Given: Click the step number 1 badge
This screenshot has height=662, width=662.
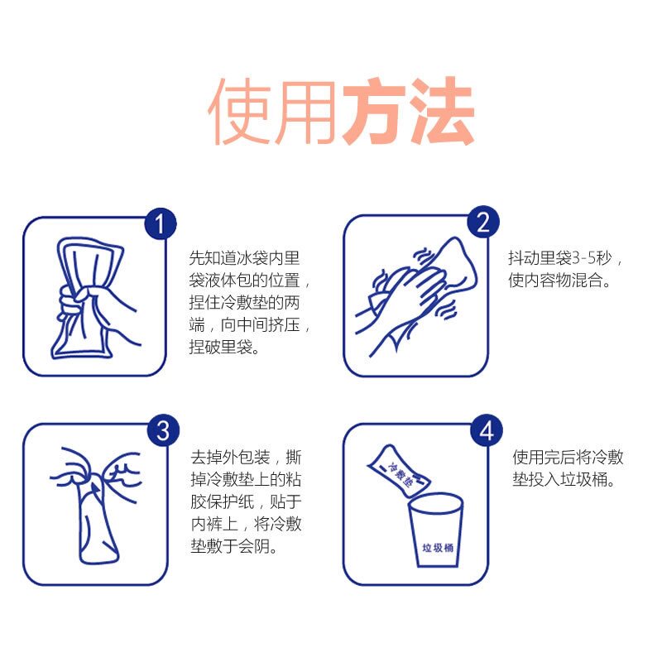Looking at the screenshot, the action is pyautogui.click(x=161, y=224).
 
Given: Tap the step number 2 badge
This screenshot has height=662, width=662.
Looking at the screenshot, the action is pyautogui.click(x=483, y=222).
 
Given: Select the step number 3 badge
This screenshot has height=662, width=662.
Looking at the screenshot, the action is pyautogui.click(x=163, y=430).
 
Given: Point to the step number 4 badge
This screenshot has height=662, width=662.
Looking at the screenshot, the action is pyautogui.click(x=487, y=430).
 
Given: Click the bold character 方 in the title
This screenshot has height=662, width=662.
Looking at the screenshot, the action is pyautogui.click(x=375, y=111).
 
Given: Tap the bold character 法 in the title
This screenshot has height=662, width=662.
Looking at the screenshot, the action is pyautogui.click(x=442, y=111).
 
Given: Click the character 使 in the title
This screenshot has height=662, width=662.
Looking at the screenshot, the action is pyautogui.click(x=239, y=111).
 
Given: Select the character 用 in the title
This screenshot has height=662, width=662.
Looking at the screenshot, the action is pyautogui.click(x=305, y=112).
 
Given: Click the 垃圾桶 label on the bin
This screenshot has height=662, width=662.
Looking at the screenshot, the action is pyautogui.click(x=438, y=548).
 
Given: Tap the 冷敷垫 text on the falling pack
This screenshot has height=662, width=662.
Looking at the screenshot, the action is pyautogui.click(x=400, y=473).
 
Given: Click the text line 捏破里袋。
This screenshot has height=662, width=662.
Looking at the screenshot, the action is pyautogui.click(x=224, y=347).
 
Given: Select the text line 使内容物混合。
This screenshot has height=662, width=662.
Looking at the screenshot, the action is pyautogui.click(x=560, y=280).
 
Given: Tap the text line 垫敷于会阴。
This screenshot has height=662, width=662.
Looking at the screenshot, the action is pyautogui.click(x=234, y=546).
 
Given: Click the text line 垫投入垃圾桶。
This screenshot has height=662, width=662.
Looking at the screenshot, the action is pyautogui.click(x=564, y=479).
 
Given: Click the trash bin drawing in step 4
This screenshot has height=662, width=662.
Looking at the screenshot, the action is pyautogui.click(x=436, y=530).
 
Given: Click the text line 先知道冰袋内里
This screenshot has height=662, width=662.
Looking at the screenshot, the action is pyautogui.click(x=244, y=258).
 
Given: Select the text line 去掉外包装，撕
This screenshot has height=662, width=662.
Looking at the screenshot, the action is pyautogui.click(x=246, y=458).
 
